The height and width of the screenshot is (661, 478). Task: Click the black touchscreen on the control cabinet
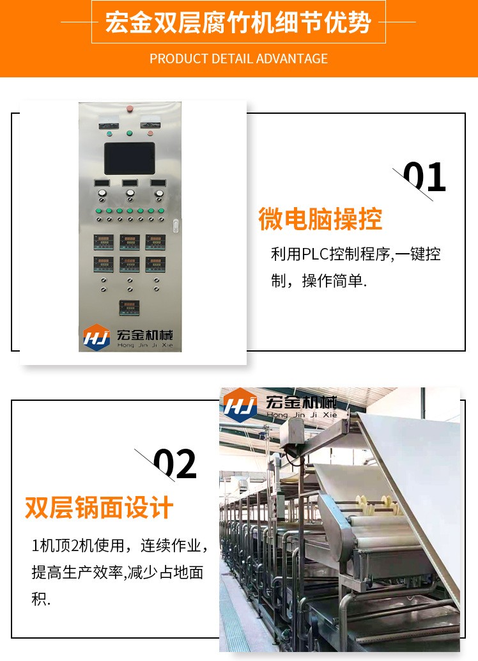[130, 158]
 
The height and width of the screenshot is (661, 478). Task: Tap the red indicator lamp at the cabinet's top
[130, 109]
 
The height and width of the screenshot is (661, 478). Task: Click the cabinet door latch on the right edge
[176, 226]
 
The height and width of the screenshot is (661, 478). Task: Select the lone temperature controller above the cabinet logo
[130, 307]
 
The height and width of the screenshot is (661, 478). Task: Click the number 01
[424, 177]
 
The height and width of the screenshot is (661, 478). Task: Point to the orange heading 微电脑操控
[320, 219]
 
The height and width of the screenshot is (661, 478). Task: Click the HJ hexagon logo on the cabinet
[96, 337]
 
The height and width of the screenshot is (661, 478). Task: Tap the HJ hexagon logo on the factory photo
[240, 405]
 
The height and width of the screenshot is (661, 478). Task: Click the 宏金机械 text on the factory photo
[301, 402]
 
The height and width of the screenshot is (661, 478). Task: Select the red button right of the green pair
[150, 133]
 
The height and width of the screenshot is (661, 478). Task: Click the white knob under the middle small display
[130, 193]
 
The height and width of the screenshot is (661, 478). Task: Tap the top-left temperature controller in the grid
[104, 242]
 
